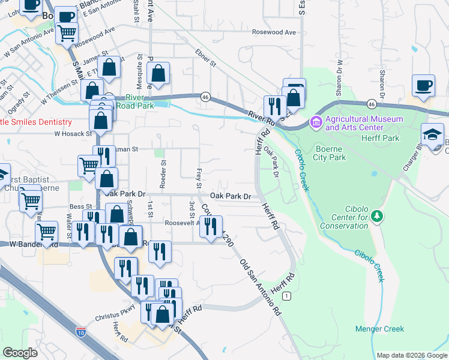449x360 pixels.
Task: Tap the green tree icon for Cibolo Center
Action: (x=376, y=215)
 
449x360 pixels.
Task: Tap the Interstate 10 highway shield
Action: (x=81, y=331)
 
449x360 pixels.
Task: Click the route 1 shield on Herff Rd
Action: (x=288, y=296)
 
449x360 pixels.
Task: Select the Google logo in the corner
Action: (x=20, y=353)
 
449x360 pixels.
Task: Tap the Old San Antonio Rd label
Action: (x=261, y=288)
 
